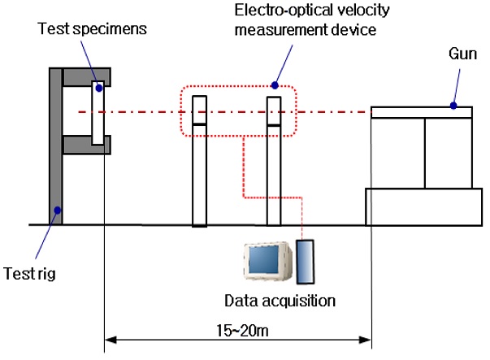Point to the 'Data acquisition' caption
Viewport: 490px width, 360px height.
(280, 301)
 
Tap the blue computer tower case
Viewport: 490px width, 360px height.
(307, 262)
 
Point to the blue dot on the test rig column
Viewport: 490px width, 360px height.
(57, 211)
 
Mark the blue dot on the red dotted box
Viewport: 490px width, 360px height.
(275, 85)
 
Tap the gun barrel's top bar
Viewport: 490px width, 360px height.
(421, 112)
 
